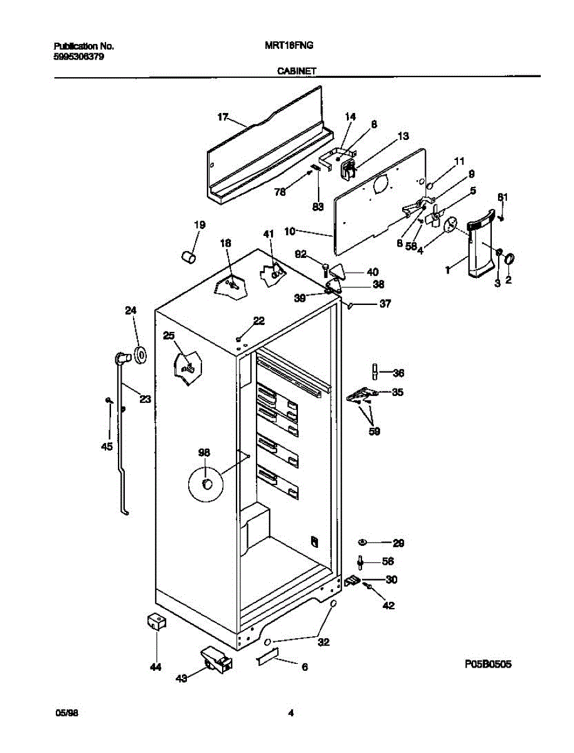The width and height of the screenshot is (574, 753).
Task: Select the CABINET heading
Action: tap(297, 72)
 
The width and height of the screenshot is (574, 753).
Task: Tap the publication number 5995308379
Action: tap(79, 56)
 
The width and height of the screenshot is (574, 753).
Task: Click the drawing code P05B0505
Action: tap(488, 664)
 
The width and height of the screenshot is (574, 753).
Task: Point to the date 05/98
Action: tap(67, 713)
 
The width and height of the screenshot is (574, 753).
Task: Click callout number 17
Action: tap(223, 117)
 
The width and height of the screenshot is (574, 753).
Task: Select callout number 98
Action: tap(205, 452)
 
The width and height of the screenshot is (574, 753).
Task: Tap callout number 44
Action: tap(155, 667)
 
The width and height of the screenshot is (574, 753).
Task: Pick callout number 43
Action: tap(182, 678)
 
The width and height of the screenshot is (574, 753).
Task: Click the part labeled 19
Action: tap(186, 256)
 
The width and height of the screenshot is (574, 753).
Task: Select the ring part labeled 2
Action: tap(509, 258)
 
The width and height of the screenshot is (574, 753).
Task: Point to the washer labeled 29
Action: tap(363, 542)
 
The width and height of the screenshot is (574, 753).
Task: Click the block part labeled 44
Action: tap(154, 622)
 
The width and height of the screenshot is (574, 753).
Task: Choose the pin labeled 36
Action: tap(375, 372)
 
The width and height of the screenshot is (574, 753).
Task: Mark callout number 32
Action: tap(323, 642)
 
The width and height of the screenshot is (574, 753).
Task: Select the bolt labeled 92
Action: tap(326, 270)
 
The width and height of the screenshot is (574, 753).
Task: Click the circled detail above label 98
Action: tap(206, 484)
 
